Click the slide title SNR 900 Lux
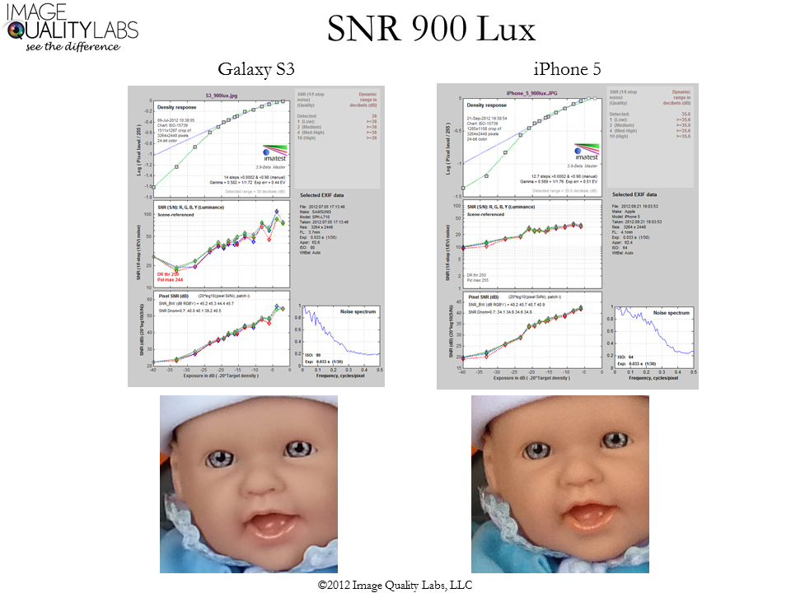(431, 30)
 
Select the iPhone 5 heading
(568, 70)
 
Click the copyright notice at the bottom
(395, 584)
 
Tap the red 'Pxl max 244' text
(168, 281)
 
